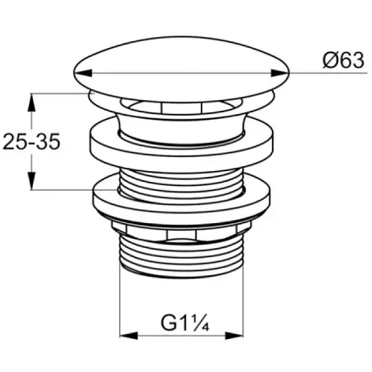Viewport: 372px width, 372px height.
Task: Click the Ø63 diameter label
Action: [x=343, y=60]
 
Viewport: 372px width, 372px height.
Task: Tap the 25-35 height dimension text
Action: [x=31, y=141]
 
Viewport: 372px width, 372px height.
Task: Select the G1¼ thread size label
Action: [x=185, y=323]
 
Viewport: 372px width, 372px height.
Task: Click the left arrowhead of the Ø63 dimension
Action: [x=83, y=73]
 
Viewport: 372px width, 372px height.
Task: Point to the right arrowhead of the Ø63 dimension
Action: [x=280, y=73]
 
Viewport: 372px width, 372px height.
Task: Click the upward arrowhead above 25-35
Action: [x=32, y=103]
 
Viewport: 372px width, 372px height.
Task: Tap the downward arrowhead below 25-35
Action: [x=32, y=181]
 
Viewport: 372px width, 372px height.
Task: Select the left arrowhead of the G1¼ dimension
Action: [x=129, y=336]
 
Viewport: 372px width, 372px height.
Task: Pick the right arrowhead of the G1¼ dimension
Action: [x=234, y=336]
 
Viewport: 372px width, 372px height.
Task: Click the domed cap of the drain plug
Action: [x=182, y=69]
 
